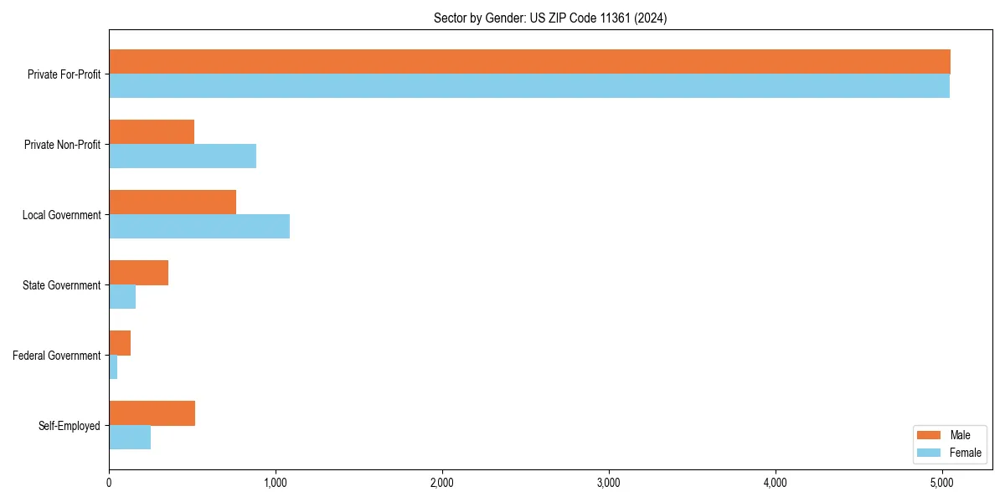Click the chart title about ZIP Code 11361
pos(550,18)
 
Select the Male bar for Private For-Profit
pos(529,62)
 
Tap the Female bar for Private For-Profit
pos(529,85)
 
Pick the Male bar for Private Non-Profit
pos(152,132)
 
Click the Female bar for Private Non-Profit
pos(183,156)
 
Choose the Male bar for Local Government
pos(173,202)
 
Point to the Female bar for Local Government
pos(199,226)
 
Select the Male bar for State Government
pos(138,273)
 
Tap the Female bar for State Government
pos(122,296)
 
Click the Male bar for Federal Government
pos(120,343)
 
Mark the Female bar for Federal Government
pos(113,366)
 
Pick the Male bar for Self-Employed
pos(152,413)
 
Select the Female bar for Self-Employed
pos(130,437)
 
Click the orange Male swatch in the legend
pos(930,435)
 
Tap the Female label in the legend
pos(966,453)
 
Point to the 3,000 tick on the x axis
pos(609,483)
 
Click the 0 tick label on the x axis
pos(109,483)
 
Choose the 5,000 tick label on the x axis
pos(942,483)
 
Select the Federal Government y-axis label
pos(57,356)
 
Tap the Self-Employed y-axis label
pos(70,426)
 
